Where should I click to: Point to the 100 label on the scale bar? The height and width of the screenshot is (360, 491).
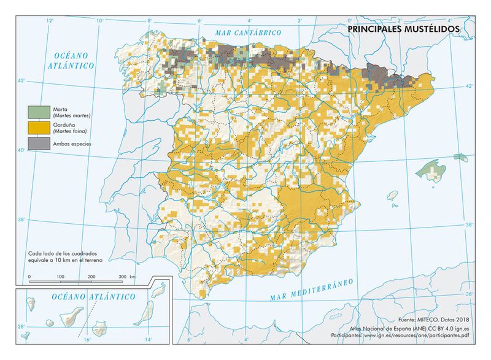(x=60, y=277)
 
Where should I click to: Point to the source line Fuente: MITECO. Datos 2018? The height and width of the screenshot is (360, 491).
(x=433, y=321)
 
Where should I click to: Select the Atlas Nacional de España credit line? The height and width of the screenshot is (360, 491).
(x=417, y=328)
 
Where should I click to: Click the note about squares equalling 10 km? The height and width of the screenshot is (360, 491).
(x=64, y=256)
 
